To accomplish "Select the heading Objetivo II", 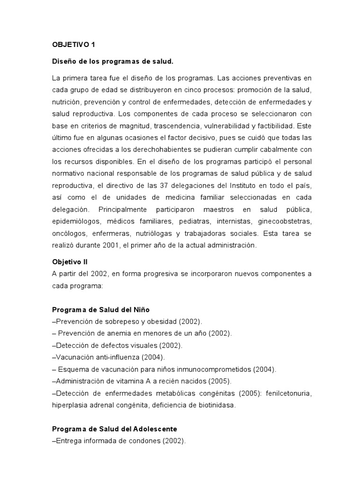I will point(70,262).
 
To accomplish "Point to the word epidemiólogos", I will point(75,221).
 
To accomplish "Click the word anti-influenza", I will point(112,357).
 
